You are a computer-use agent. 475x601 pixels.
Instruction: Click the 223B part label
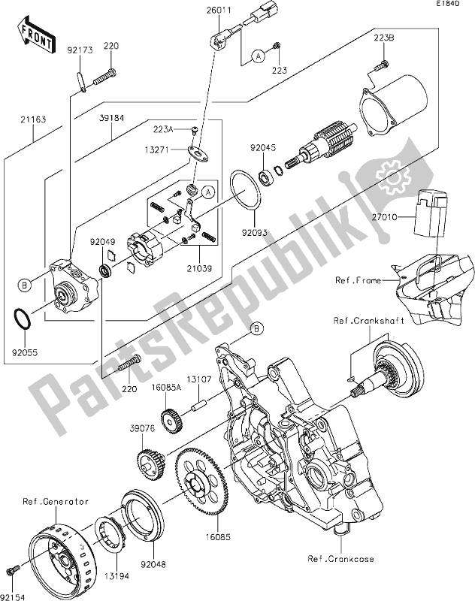[x=384, y=37]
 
